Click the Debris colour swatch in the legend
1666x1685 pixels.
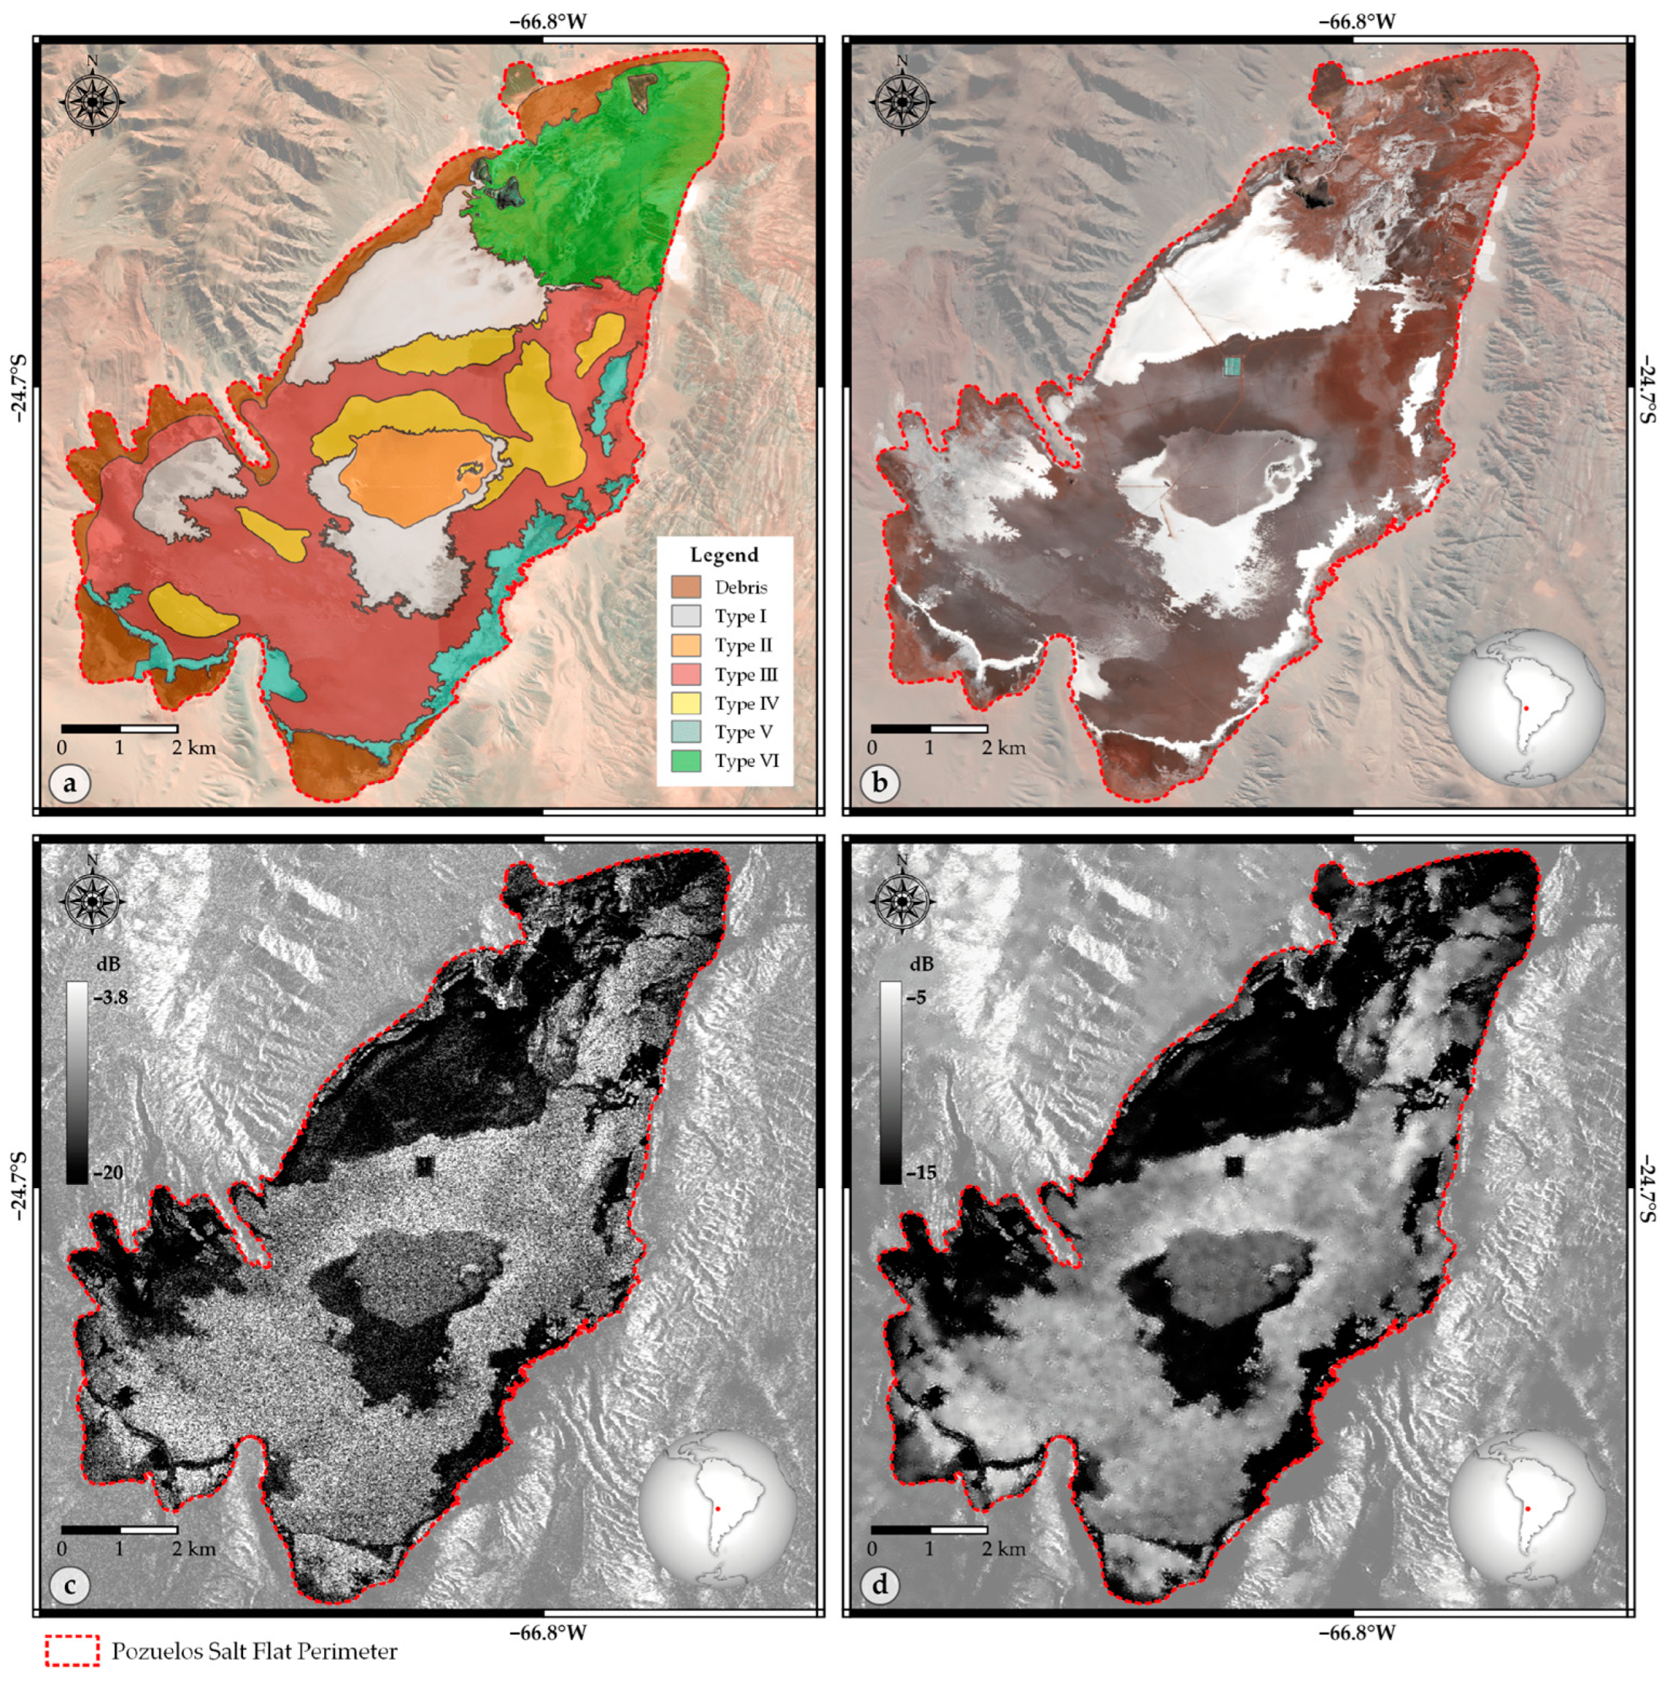pyautogui.click(x=685, y=587)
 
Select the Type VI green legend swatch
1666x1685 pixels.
pyautogui.click(x=685, y=761)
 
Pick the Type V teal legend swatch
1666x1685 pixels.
pyautogui.click(x=685, y=731)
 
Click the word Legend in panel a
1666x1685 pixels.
pyautogui.click(x=724, y=555)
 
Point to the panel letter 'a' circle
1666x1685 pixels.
pyautogui.click(x=69, y=782)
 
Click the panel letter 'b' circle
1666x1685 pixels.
pyautogui.click(x=879, y=782)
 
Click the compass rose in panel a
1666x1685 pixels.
pyautogui.click(x=93, y=100)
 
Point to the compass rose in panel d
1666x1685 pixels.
pyautogui.click(x=902, y=901)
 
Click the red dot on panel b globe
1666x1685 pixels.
pyautogui.click(x=1526, y=708)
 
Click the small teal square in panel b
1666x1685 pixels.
pyautogui.click(x=1232, y=366)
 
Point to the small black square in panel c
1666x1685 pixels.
pyautogui.click(x=424, y=1166)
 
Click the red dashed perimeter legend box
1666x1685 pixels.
pyautogui.click(x=73, y=1651)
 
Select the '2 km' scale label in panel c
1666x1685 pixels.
pyautogui.click(x=193, y=1549)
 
